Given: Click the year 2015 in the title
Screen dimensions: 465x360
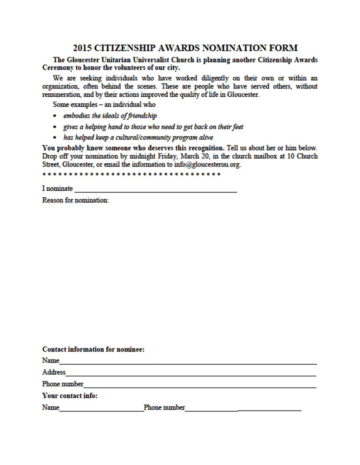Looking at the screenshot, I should (x=82, y=48).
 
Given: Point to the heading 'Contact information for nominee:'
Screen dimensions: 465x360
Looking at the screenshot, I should (x=93, y=349).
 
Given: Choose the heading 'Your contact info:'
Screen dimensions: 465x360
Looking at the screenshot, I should (x=70, y=396).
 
